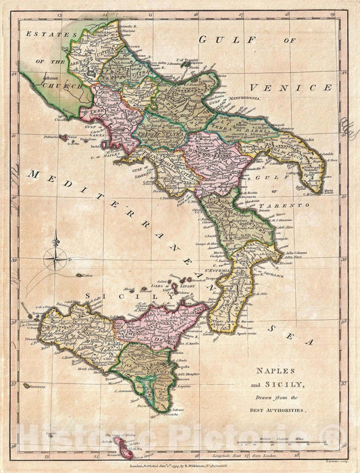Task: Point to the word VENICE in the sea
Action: point(290,88)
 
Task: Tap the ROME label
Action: point(51,79)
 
